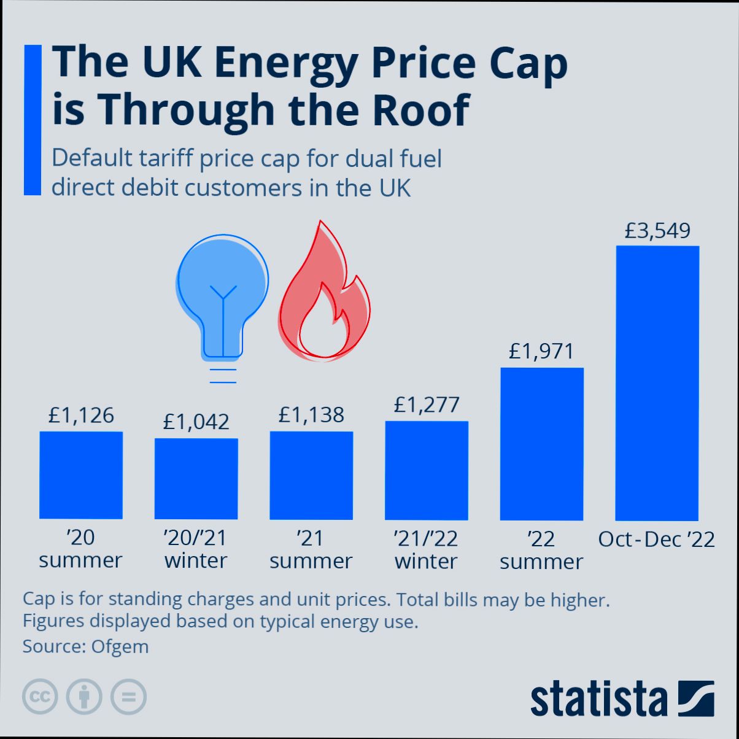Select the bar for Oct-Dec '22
pyautogui.click(x=657, y=383)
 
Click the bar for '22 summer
pyautogui.click(x=542, y=444)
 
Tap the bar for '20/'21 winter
pyautogui.click(x=196, y=479)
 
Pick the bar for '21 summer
pyautogui.click(x=311, y=476)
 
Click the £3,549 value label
pyautogui.click(x=657, y=231)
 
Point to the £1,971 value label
pyautogui.click(x=541, y=352)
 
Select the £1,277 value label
pyautogui.click(x=427, y=405)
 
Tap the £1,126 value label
pyautogui.click(x=81, y=416)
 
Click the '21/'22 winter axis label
pyautogui.click(x=426, y=550)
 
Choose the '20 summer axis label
pyautogui.click(x=80, y=549)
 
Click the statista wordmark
pyautogui.click(x=598, y=698)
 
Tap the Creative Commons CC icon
pyautogui.click(x=40, y=697)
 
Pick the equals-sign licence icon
pyautogui.click(x=128, y=697)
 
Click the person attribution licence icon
pyautogui.click(x=84, y=697)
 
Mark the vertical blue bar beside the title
pyautogui.click(x=33, y=120)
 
